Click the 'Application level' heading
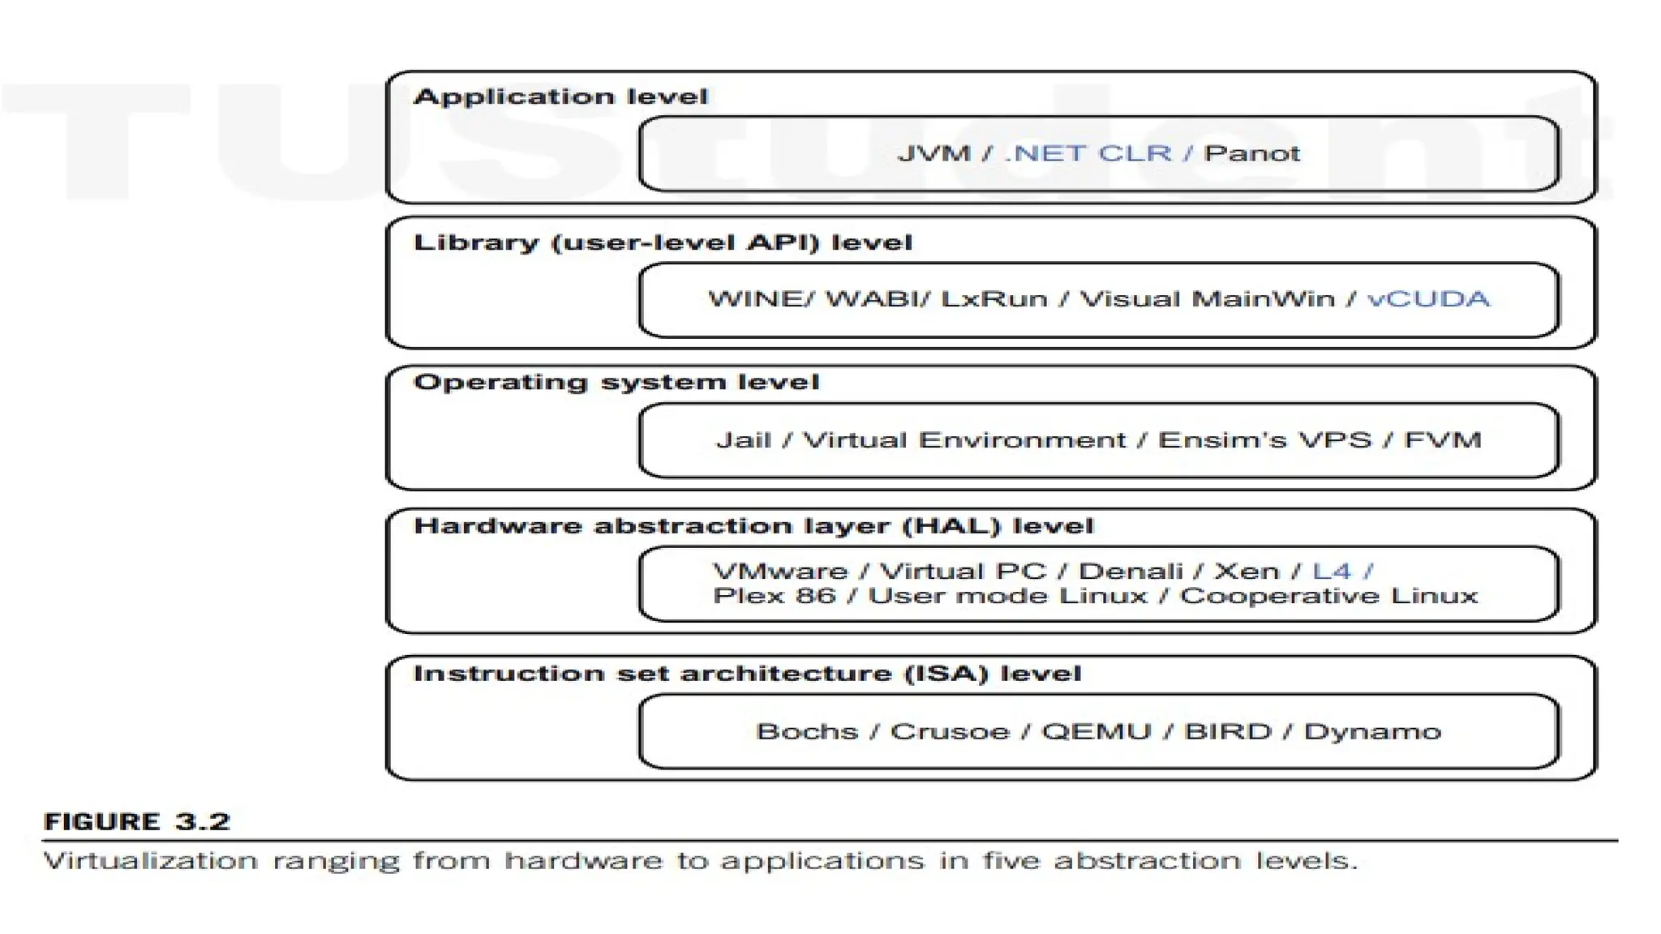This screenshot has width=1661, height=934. coord(560,97)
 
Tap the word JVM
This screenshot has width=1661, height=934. coord(934,153)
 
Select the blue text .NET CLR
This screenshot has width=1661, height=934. coord(1088,153)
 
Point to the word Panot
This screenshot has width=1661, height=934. coord(1251,153)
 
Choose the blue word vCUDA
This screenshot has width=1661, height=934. coord(1428,299)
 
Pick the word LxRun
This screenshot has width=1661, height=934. coord(994,299)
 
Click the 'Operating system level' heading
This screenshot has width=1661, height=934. coord(616,383)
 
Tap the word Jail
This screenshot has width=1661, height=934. coord(743,440)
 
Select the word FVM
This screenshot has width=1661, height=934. coord(1442,440)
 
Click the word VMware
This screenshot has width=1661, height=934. coord(779,572)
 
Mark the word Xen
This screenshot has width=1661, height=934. coord(1246,572)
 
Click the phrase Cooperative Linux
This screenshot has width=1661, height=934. coord(1328,596)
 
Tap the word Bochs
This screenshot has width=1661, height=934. coord(806,732)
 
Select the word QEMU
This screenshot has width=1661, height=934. coord(1096,732)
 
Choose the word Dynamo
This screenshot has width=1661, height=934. coord(1372,732)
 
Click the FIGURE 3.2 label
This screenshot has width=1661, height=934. coord(137,822)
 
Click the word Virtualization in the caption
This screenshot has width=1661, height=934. coord(150,861)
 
